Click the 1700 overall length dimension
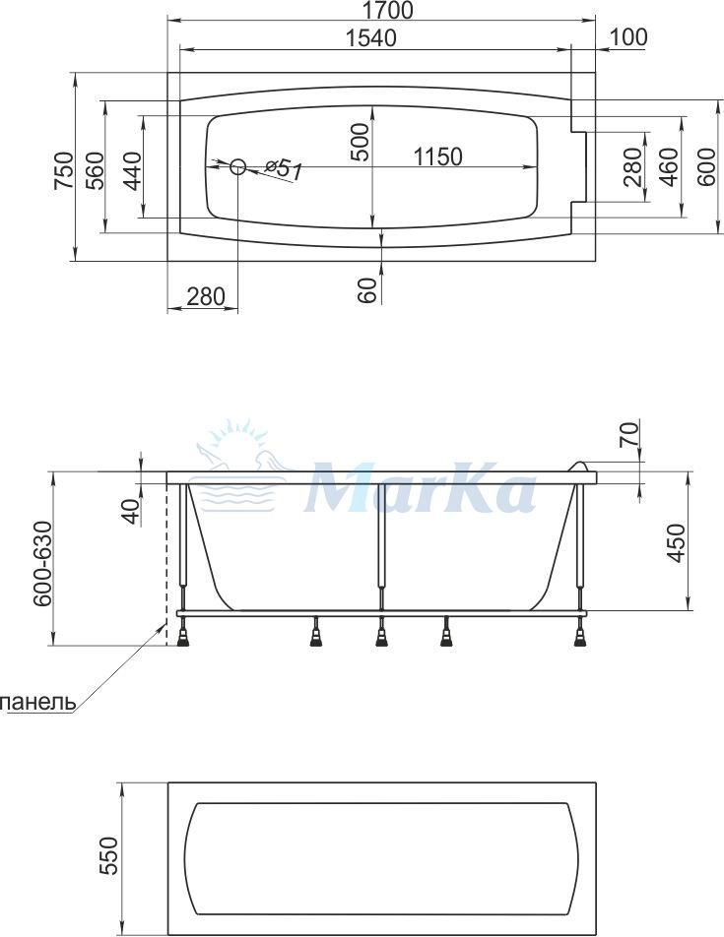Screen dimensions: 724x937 pyautogui.click(x=387, y=10)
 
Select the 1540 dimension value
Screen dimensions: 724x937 pyautogui.click(x=371, y=38)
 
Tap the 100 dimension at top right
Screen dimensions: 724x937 pyautogui.click(x=628, y=37)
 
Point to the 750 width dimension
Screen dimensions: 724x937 pyautogui.click(x=63, y=169)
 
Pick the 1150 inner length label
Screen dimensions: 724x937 pyautogui.click(x=438, y=156)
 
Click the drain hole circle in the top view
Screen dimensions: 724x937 pyautogui.click(x=238, y=166)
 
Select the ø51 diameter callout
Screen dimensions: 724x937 pyautogui.click(x=283, y=169)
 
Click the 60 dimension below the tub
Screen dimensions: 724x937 pyautogui.click(x=370, y=290)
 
